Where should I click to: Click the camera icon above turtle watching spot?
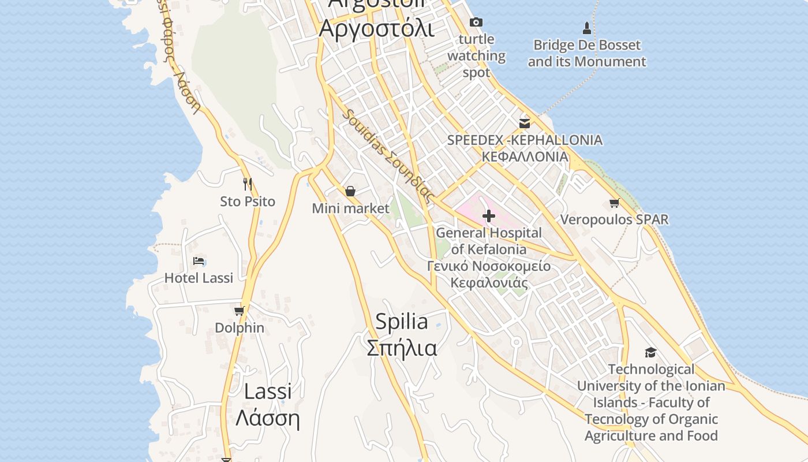476,23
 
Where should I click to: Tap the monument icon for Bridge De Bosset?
587,28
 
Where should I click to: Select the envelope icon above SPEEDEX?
525,123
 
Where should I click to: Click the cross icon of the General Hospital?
489,217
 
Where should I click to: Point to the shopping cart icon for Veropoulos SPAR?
615,203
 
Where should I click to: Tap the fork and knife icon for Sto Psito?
248,184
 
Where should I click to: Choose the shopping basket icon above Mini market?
350,191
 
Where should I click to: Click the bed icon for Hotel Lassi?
199,261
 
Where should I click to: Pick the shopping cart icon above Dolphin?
240,311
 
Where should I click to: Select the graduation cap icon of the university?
650,352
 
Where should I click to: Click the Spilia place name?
402,322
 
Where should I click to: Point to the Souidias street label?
388,154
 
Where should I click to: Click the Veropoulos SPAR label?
615,219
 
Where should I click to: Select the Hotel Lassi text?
199,278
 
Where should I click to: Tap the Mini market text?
351,208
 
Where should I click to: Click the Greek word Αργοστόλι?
376,28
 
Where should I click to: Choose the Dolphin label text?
240,327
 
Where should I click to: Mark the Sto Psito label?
248,202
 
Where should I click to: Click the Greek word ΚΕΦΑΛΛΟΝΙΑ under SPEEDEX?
525,157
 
